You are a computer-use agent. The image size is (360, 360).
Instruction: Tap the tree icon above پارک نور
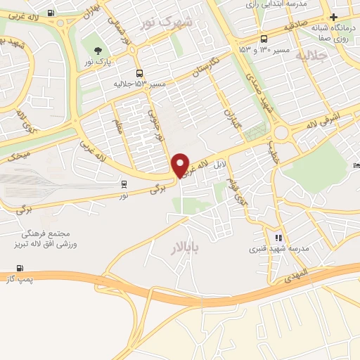[x=97, y=50]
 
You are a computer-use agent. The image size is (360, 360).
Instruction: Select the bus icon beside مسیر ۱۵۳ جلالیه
[x=139, y=72]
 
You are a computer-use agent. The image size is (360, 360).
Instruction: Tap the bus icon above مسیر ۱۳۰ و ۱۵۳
[x=263, y=39]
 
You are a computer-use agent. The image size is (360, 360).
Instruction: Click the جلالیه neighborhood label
[x=311, y=56]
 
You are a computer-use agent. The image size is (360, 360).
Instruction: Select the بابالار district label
[x=186, y=247]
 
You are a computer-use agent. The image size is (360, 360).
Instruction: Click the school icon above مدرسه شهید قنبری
[x=278, y=238]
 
